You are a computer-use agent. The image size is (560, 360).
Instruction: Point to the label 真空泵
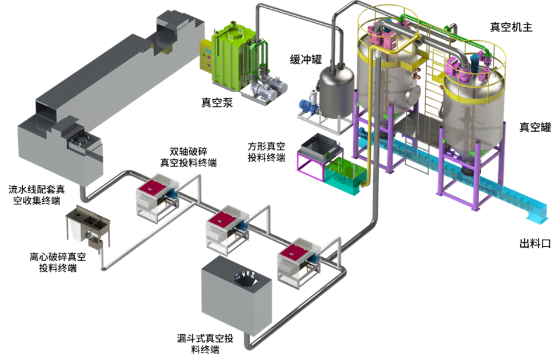(213, 103)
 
